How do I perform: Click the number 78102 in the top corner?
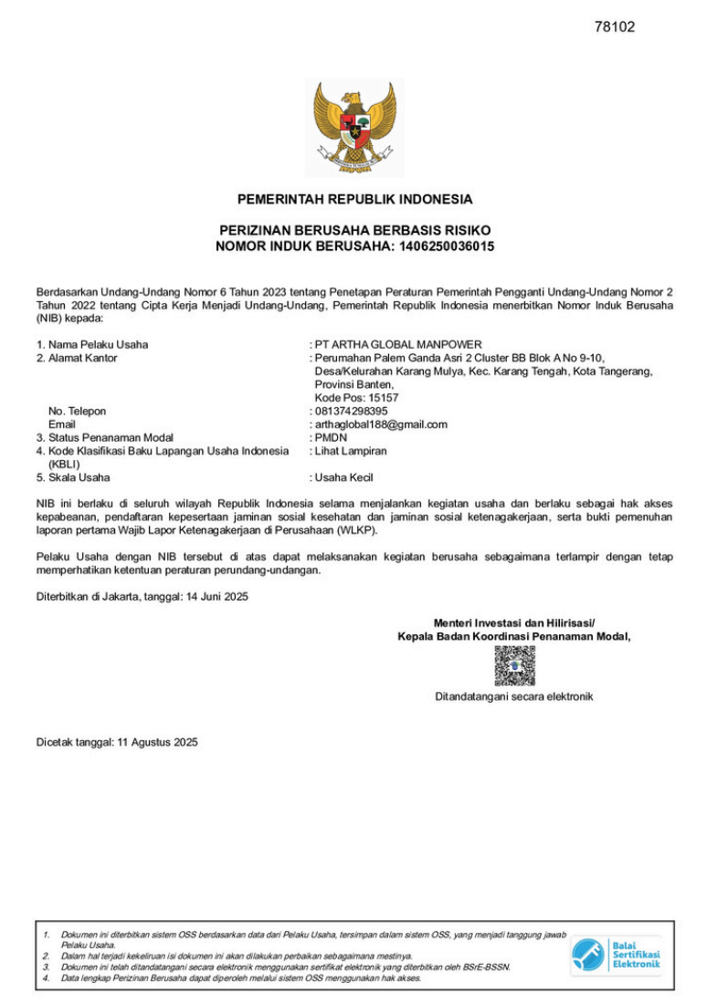pyautogui.click(x=614, y=26)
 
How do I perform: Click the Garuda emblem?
pyautogui.click(x=353, y=126)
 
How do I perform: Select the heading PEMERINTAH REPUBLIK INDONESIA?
pyautogui.click(x=354, y=199)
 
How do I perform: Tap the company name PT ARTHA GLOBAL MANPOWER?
pyautogui.click(x=397, y=344)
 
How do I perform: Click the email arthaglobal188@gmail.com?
pyautogui.click(x=381, y=424)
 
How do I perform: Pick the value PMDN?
pyautogui.click(x=331, y=437)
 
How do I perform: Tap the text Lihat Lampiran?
pyautogui.click(x=350, y=451)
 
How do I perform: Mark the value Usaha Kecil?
pyautogui.click(x=343, y=477)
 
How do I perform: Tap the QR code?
pyautogui.click(x=514, y=665)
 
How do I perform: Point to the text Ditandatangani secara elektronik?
pyautogui.click(x=513, y=696)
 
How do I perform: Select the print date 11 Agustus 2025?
pyautogui.click(x=157, y=742)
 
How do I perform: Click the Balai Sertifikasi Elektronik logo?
pyautogui.click(x=616, y=955)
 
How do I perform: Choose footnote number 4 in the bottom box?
pyautogui.click(x=46, y=978)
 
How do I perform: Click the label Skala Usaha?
pyautogui.click(x=79, y=477)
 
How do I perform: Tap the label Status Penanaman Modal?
pyautogui.click(x=111, y=437)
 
